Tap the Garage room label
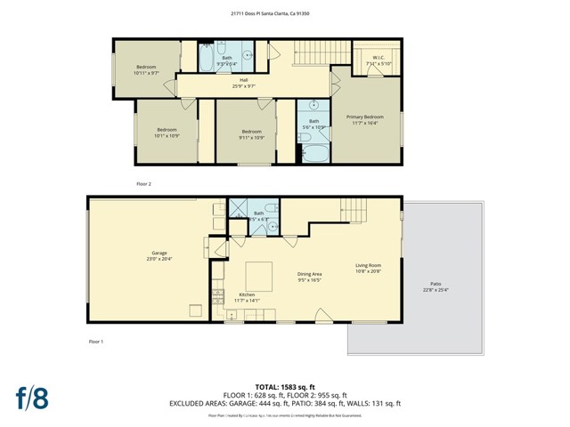tap(159, 258)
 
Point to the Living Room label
tap(369, 268)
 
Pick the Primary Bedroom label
tap(366, 119)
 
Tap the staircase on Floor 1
tap(355, 211)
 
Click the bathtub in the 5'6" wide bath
tap(316, 153)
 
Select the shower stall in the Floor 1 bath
tap(239, 209)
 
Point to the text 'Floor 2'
tap(143, 183)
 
